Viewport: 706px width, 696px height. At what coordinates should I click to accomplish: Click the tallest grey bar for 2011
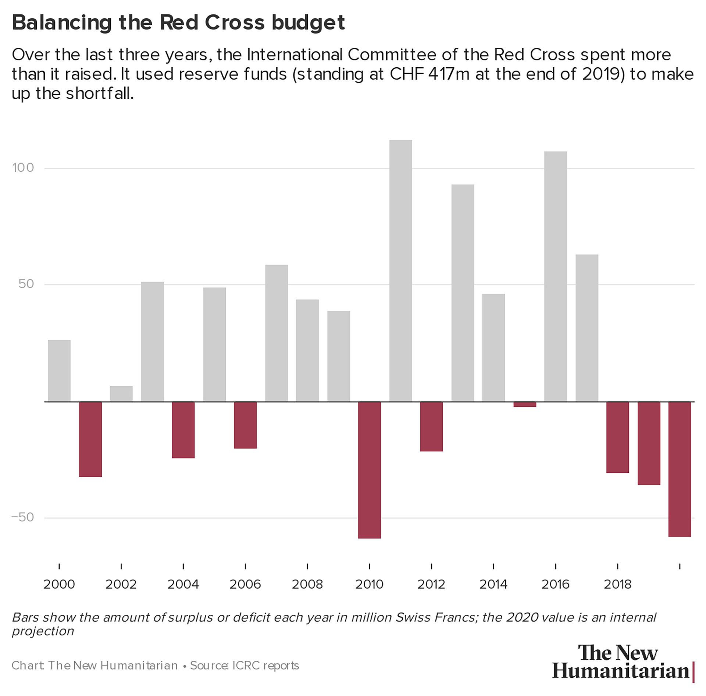400,271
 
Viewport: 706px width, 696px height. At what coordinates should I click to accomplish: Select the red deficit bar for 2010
370,470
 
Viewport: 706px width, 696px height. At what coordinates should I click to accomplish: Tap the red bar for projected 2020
680,469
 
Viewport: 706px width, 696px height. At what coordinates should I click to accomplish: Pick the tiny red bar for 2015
525,404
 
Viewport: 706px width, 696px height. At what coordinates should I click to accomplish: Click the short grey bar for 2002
121,393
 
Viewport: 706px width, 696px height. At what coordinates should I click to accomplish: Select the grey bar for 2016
556,276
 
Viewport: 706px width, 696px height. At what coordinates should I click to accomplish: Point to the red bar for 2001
90,439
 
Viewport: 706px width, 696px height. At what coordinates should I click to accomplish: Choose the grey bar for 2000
59,370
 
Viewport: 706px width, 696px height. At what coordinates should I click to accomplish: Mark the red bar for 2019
649,443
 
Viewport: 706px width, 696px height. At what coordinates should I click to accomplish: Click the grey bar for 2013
463,293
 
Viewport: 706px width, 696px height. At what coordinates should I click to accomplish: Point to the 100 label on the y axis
23,168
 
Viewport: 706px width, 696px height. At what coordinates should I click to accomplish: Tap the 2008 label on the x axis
307,584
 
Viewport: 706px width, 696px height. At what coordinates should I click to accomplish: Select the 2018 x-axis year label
617,584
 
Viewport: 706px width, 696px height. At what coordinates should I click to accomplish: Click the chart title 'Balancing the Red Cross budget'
178,22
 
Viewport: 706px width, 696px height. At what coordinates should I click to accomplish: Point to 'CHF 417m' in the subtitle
429,74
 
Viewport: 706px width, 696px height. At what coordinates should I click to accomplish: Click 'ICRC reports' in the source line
265,665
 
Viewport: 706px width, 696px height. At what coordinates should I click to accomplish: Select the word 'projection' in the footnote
43,631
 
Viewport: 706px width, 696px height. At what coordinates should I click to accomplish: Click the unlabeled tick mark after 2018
680,566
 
